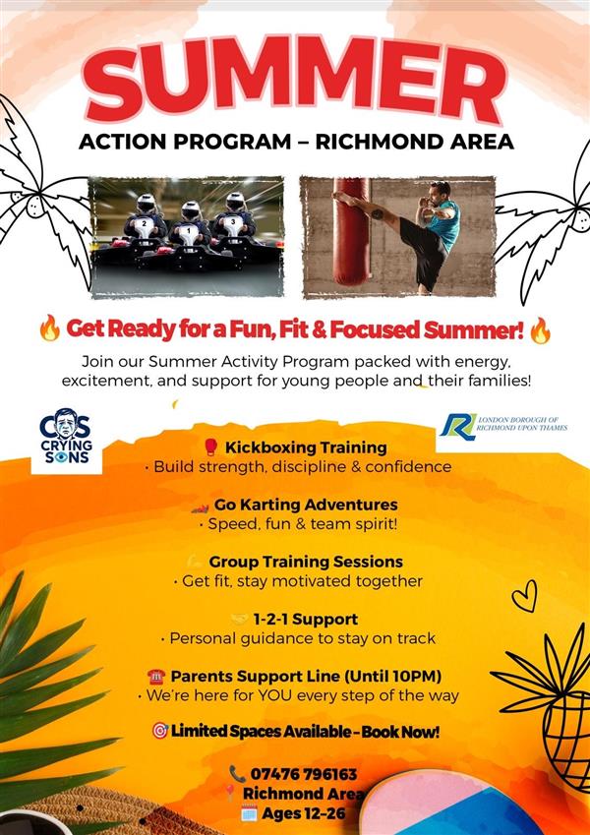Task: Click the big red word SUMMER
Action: tap(294, 79)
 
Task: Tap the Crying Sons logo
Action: tap(66, 438)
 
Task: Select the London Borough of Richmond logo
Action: tap(502, 426)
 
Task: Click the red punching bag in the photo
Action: tap(350, 231)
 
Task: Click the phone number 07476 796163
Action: tap(304, 773)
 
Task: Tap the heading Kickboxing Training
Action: tap(306, 447)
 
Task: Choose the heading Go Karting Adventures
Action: tap(306, 505)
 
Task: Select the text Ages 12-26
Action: tap(304, 813)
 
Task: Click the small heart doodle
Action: tap(523, 596)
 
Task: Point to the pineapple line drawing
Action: tap(554, 708)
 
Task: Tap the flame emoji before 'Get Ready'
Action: tap(49, 328)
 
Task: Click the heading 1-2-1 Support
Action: tap(305, 619)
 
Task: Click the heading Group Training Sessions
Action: tap(306, 562)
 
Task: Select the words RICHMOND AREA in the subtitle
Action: tap(414, 143)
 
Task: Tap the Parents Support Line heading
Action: tap(306, 677)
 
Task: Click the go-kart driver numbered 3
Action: tap(234, 218)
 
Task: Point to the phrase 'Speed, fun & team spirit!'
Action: tap(303, 524)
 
